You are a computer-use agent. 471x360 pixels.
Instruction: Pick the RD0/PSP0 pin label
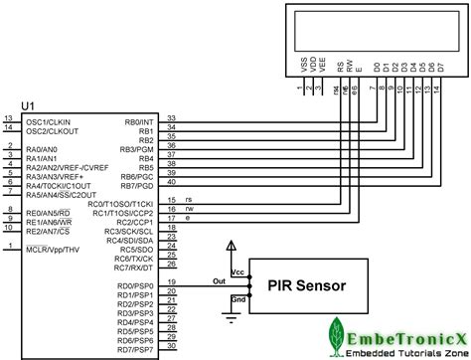pyautogui.click(x=135, y=285)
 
